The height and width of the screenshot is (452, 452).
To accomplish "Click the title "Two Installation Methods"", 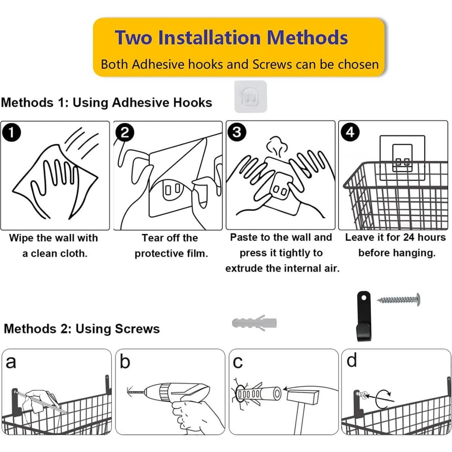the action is click(x=231, y=38).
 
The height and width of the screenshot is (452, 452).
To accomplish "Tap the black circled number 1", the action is click(x=11, y=132).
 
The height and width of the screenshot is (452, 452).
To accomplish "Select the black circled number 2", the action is click(x=124, y=132).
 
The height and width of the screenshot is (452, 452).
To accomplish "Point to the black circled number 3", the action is click(x=237, y=132).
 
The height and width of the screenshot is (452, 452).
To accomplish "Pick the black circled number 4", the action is click(x=350, y=132).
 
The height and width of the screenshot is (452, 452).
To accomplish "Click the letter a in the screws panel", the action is click(x=11, y=362).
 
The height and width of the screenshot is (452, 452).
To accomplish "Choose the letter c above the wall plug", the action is click(x=238, y=362).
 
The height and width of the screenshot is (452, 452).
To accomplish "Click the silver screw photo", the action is click(x=399, y=300).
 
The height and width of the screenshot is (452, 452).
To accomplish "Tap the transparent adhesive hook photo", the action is click(x=250, y=96).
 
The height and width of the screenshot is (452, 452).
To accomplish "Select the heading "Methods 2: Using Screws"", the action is click(x=82, y=329).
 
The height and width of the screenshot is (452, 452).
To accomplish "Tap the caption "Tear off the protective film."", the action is click(x=171, y=246).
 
